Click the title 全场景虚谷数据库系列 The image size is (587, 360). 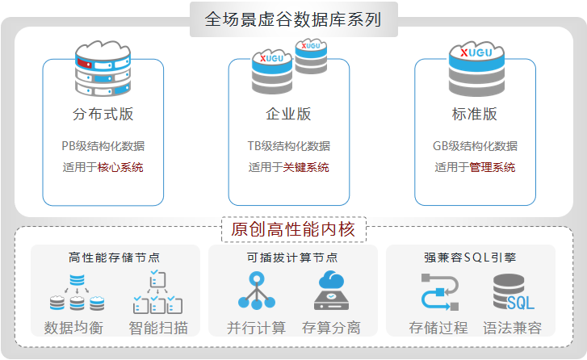[x=293, y=19]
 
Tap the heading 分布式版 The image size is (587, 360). [x=103, y=114]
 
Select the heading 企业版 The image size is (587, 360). [x=288, y=114]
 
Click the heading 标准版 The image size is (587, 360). [x=475, y=114]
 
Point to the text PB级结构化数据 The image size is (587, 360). [x=103, y=146]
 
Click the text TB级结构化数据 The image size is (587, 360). [x=288, y=146]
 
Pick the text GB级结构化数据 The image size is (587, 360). [x=475, y=146]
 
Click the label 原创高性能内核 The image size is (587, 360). [x=293, y=229]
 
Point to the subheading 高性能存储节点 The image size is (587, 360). [x=115, y=257]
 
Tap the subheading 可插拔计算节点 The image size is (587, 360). [x=292, y=257]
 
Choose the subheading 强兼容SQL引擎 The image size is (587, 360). [x=471, y=257]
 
